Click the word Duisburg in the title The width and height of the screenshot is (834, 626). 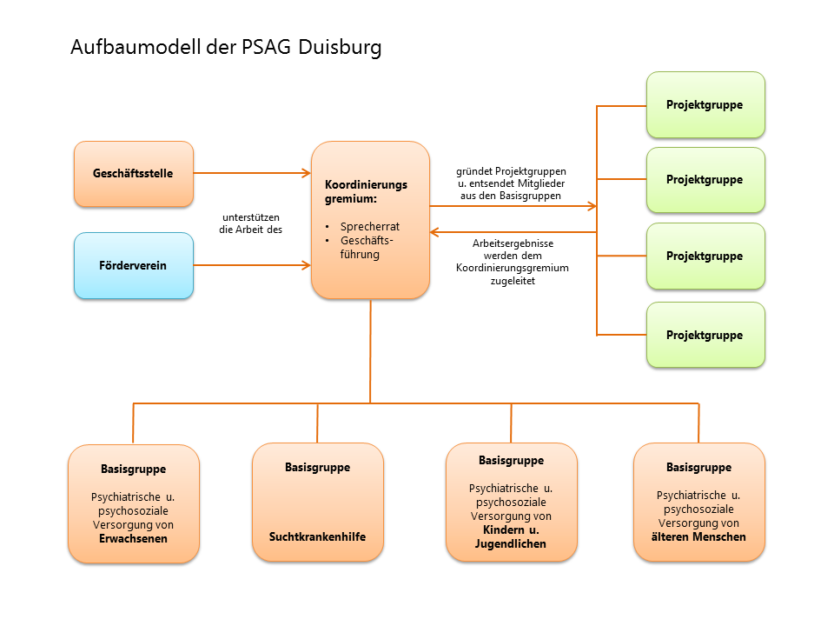(340, 47)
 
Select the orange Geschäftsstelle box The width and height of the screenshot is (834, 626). (133, 174)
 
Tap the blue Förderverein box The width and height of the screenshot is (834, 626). (133, 265)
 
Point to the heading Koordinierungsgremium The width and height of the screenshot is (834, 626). (366, 192)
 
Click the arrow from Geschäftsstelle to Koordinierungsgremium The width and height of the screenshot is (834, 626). (252, 173)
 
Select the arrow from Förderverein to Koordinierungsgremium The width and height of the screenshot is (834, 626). (252, 264)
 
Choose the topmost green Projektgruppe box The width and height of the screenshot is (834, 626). (705, 104)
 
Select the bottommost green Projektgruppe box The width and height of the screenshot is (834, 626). (705, 335)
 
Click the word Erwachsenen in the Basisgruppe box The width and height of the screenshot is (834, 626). (133, 539)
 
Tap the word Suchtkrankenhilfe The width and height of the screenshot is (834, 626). (317, 536)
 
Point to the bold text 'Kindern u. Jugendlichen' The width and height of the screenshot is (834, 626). (511, 536)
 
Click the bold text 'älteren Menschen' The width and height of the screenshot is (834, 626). (698, 537)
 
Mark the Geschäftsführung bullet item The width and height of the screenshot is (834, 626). (366, 248)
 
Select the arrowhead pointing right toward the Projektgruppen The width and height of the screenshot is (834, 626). (592, 206)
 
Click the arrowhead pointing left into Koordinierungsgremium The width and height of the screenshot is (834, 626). (435, 232)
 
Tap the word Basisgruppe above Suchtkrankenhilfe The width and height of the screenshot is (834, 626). (317, 468)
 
